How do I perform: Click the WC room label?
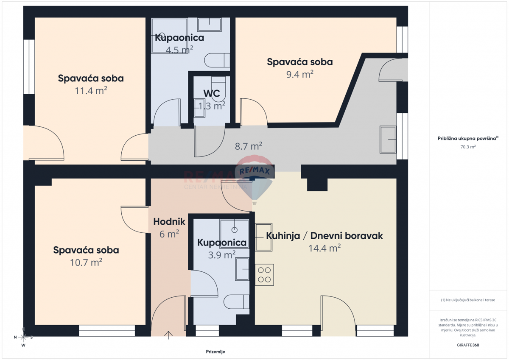pos(212,93)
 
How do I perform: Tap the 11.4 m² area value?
pos(91,91)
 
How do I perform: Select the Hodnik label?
pos(169,222)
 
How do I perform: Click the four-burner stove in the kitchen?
pos(264,275)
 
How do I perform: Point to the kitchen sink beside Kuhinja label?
pos(263,237)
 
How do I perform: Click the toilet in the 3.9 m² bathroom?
pos(236,301)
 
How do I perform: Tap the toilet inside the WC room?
pos(218,89)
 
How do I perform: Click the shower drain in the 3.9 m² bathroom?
pos(234,230)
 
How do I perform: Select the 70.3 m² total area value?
pos(468,147)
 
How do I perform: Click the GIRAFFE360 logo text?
pos(468,345)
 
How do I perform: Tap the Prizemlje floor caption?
pos(215,352)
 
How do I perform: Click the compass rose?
pos(23,337)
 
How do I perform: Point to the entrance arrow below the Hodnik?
pos(168,335)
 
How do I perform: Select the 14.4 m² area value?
pos(324,248)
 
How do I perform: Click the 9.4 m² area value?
pos(300,74)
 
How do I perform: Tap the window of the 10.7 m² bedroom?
pos(107,330)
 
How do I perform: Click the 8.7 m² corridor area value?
pos(249,146)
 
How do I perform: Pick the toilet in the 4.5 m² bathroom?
pos(217,60)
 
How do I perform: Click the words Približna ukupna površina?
pos(467,138)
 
